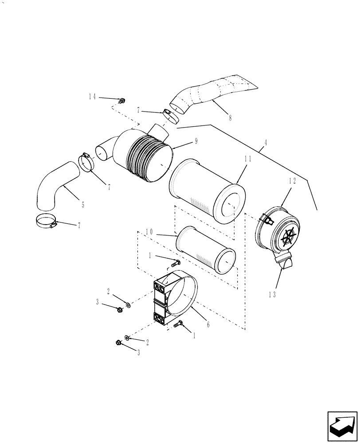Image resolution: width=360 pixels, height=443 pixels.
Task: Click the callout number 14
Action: [92, 97]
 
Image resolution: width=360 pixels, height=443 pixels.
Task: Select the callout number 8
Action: [230, 118]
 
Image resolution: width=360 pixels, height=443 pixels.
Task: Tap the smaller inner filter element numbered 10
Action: [205, 249]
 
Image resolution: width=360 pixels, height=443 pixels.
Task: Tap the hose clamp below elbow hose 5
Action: [47, 221]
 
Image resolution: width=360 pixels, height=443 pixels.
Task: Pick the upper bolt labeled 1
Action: [174, 263]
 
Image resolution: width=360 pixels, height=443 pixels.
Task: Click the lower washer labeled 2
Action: [127, 338]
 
